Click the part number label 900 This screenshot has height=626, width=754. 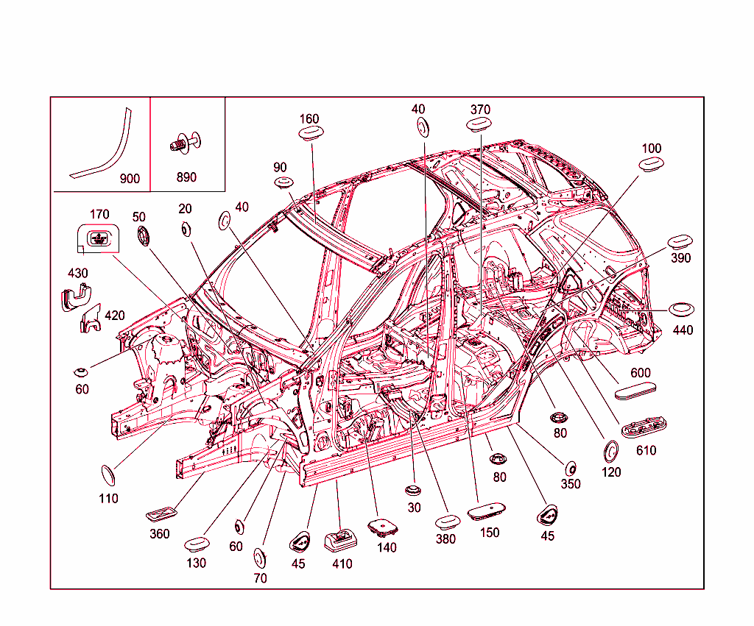point(130,179)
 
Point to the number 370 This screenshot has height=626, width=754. point(480,110)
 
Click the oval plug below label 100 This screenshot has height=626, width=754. point(650,165)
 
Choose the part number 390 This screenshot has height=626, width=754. point(682,258)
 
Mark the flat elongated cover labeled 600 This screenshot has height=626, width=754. point(635,390)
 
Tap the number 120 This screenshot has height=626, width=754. point(611,472)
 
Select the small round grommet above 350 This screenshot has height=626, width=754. point(571,467)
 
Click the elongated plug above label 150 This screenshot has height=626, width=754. point(488,510)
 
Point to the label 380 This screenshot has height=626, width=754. point(445,538)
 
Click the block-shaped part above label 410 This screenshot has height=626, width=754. point(340,540)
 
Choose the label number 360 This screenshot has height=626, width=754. point(160,534)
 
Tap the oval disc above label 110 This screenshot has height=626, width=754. point(108,475)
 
